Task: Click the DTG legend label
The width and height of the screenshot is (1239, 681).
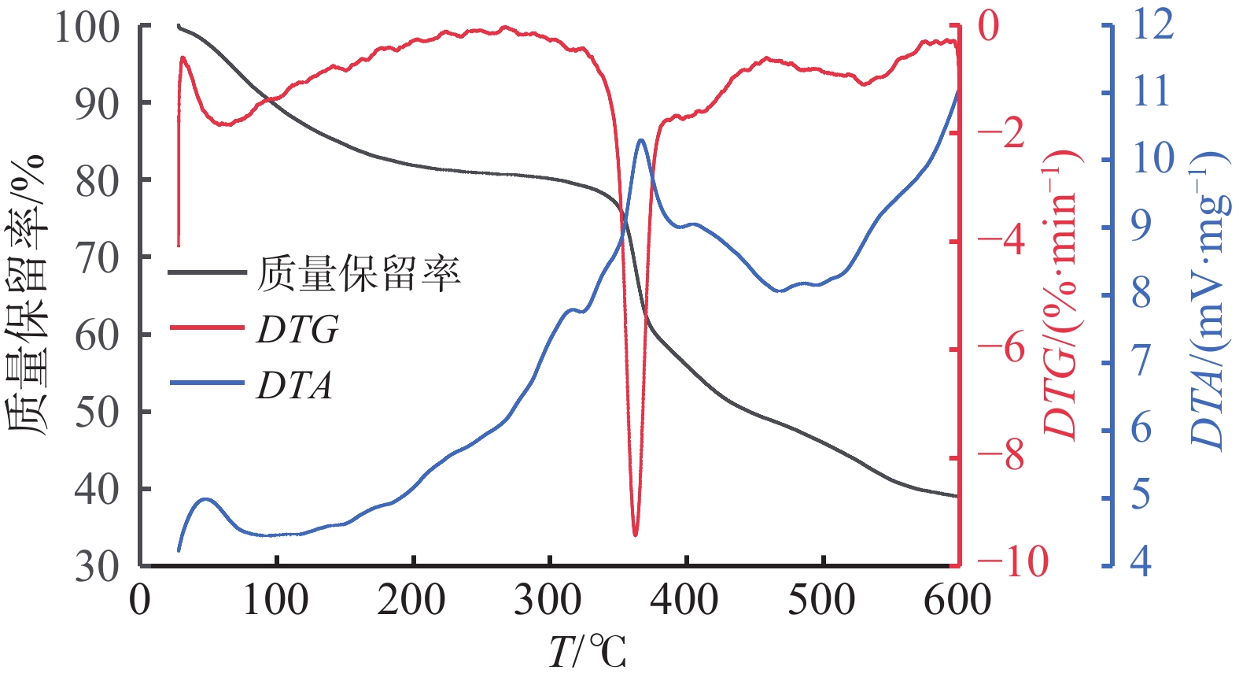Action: pos(297,329)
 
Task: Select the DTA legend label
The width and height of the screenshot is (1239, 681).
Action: pos(294,386)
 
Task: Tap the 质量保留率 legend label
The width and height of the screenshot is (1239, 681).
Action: pos(359,273)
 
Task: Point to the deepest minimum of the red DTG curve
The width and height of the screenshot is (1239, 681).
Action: pos(635,535)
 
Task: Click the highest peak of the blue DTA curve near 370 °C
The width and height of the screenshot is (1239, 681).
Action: pos(641,141)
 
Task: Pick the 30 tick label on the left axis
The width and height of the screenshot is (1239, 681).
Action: pos(97,566)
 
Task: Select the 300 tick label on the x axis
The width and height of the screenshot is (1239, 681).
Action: pos(548,601)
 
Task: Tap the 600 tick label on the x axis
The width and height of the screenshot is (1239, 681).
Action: pos(957,601)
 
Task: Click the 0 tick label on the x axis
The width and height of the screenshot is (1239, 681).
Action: pos(140,601)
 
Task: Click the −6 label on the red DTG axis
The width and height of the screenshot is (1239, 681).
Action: pos(1001,347)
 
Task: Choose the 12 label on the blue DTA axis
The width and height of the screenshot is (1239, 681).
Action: pos(1152,24)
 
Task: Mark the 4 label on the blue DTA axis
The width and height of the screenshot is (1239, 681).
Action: pos(1141,562)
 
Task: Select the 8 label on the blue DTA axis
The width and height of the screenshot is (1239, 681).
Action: pos(1141,294)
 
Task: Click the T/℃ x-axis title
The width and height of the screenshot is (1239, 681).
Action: pos(588,652)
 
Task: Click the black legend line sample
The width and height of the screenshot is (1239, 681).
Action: pos(207,273)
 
